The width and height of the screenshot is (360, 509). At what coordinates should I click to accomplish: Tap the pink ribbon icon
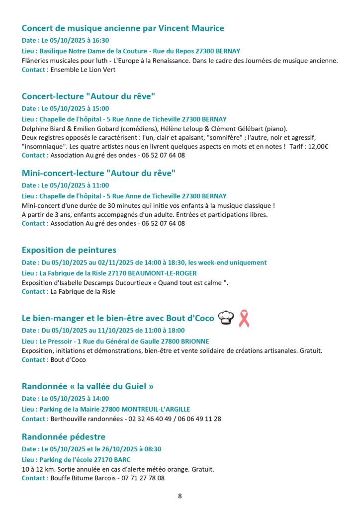pos(244,318)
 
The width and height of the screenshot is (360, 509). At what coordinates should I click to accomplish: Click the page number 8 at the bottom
pos(180,496)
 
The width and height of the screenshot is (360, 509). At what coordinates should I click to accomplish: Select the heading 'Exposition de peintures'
pos(69,250)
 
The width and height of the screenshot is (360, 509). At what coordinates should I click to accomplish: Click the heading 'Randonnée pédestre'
pos(64,437)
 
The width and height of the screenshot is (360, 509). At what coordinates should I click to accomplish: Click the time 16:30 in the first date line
pos(99,41)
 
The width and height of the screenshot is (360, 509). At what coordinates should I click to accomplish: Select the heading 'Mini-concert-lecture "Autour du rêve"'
pos(99,173)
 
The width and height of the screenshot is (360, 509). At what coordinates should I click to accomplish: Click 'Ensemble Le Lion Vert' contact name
pos(83,70)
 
